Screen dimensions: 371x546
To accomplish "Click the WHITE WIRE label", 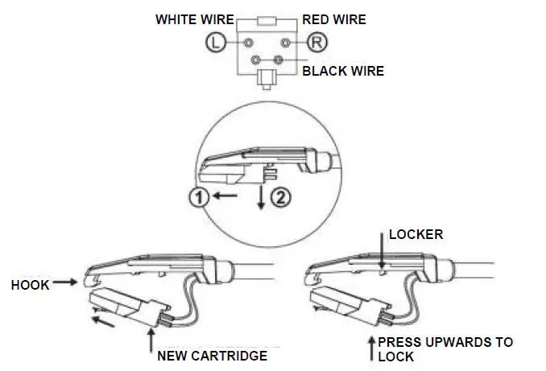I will pos(194,19).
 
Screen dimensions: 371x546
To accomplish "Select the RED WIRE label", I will pos(333,19).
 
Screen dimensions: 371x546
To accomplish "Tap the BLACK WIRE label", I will pos(343,71).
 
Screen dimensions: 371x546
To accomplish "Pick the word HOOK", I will pos(28,284).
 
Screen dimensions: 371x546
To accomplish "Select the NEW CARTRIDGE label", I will pos(212,355).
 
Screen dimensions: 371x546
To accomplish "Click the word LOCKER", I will pos(416,236).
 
